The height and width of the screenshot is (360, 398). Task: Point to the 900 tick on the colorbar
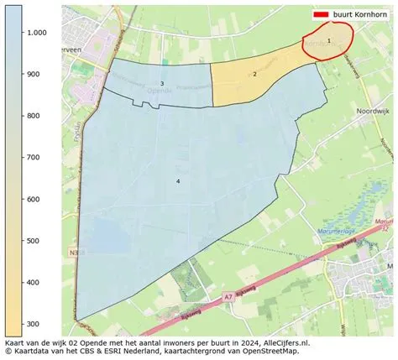click(x=33, y=74)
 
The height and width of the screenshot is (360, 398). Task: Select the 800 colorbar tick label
click(x=33, y=116)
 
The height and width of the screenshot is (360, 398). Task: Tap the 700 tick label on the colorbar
click(x=33, y=157)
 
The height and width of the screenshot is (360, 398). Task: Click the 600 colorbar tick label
click(x=33, y=199)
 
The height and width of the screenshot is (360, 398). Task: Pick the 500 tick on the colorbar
click(x=33, y=241)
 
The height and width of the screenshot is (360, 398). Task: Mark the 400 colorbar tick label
click(x=33, y=282)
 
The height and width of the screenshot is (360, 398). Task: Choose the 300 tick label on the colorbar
click(x=33, y=324)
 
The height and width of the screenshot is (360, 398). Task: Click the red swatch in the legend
click(x=321, y=15)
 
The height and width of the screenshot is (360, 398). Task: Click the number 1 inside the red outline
click(x=329, y=39)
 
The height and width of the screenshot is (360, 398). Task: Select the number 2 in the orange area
click(x=254, y=74)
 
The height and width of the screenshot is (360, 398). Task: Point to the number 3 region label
click(x=162, y=83)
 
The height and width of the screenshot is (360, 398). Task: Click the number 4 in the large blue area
click(x=178, y=181)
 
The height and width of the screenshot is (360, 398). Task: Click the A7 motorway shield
click(x=228, y=296)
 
